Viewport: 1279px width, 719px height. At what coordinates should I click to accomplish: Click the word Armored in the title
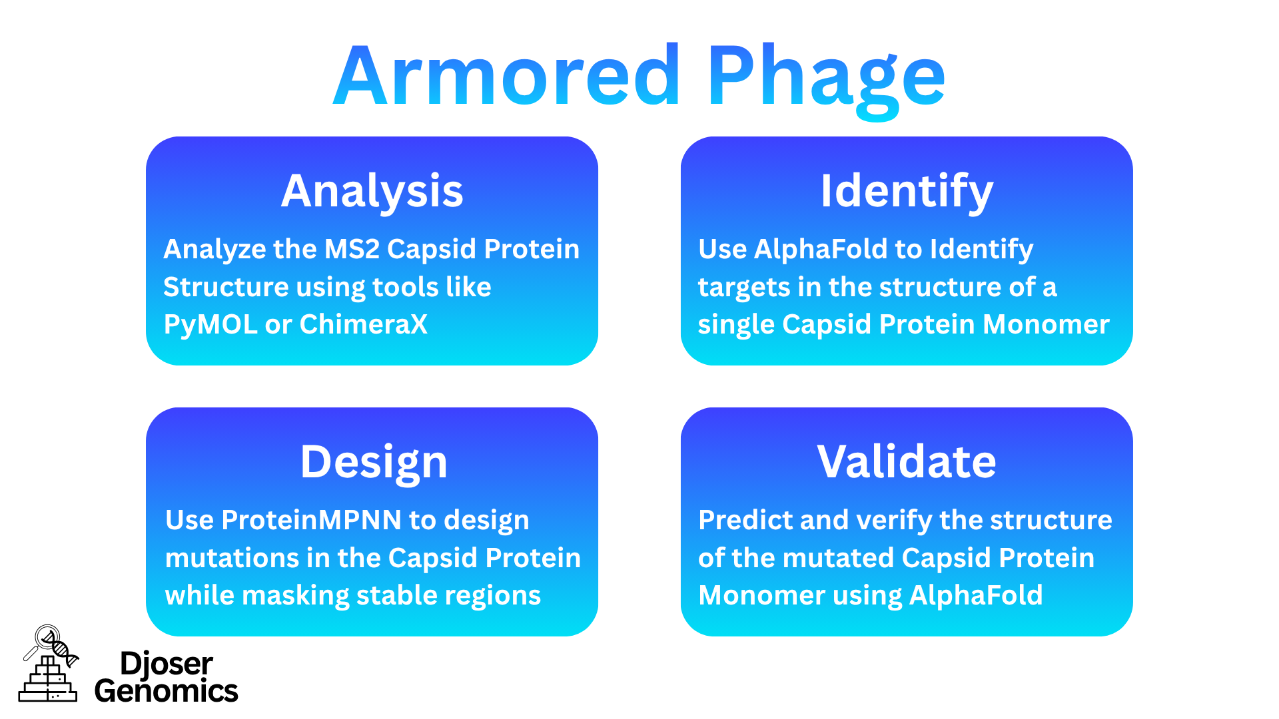[x=506, y=77]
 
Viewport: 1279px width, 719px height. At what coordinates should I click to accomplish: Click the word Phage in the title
[x=826, y=77]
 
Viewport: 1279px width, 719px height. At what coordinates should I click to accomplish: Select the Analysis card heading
[x=372, y=191]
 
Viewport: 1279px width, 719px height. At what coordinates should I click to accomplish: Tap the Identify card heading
[x=907, y=191]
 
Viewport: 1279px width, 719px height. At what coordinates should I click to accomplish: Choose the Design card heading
[x=373, y=461]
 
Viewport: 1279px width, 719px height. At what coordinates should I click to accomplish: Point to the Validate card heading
[x=907, y=461]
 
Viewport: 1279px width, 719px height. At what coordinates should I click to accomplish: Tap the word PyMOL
[x=210, y=324]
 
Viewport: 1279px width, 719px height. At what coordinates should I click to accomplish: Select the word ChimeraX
[x=363, y=324]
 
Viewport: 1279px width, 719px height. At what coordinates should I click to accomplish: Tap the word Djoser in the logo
[x=166, y=664]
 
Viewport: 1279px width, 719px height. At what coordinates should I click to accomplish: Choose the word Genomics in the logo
[x=166, y=691]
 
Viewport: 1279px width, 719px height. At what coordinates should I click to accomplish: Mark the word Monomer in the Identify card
[x=1046, y=324]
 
